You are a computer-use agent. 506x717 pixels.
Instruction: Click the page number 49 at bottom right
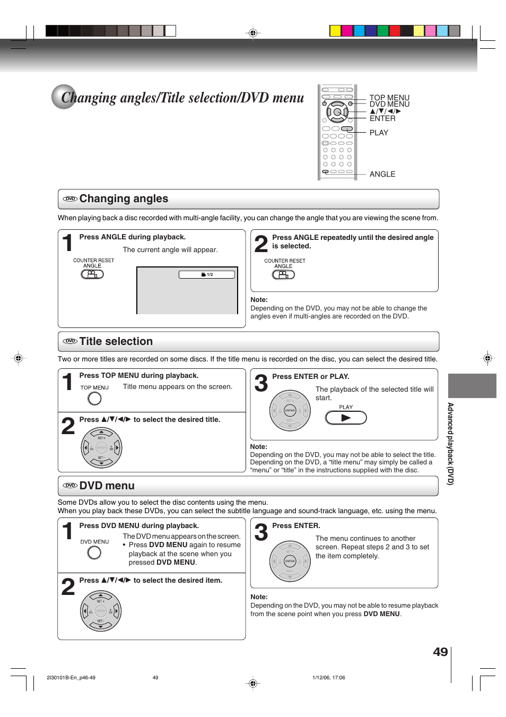tap(440, 652)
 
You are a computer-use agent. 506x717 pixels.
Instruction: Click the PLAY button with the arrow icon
tap(346, 418)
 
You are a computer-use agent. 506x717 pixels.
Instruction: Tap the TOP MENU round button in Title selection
tap(94, 399)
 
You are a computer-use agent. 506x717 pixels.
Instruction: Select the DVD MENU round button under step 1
tap(94, 552)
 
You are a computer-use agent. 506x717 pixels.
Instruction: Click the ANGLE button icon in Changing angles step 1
tap(92, 274)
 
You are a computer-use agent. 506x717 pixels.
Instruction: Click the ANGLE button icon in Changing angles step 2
tap(283, 275)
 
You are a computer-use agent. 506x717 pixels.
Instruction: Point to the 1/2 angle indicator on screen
tap(207, 274)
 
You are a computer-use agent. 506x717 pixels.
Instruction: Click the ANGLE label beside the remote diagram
tap(382, 174)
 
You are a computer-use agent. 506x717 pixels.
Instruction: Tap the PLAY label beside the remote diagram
tap(379, 133)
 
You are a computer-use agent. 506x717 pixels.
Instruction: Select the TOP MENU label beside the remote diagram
tap(389, 98)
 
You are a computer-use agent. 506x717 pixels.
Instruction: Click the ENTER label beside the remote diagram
tap(382, 118)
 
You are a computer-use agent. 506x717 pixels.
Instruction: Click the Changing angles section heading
tap(124, 199)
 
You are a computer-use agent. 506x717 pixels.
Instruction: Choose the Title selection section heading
tap(116, 342)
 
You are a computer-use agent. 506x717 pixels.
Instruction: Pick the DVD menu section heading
tap(107, 486)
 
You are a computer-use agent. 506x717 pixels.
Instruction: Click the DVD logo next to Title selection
tap(70, 341)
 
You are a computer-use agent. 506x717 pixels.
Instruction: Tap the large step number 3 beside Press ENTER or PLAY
tap(261, 383)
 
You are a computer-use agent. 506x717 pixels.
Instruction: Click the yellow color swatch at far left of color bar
tap(335, 31)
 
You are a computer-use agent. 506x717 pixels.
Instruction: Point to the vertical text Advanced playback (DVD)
tap(450, 444)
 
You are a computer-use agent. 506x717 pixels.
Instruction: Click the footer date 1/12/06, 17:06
tap(328, 678)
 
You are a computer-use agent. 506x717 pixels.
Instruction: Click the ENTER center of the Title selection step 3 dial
tap(290, 411)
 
